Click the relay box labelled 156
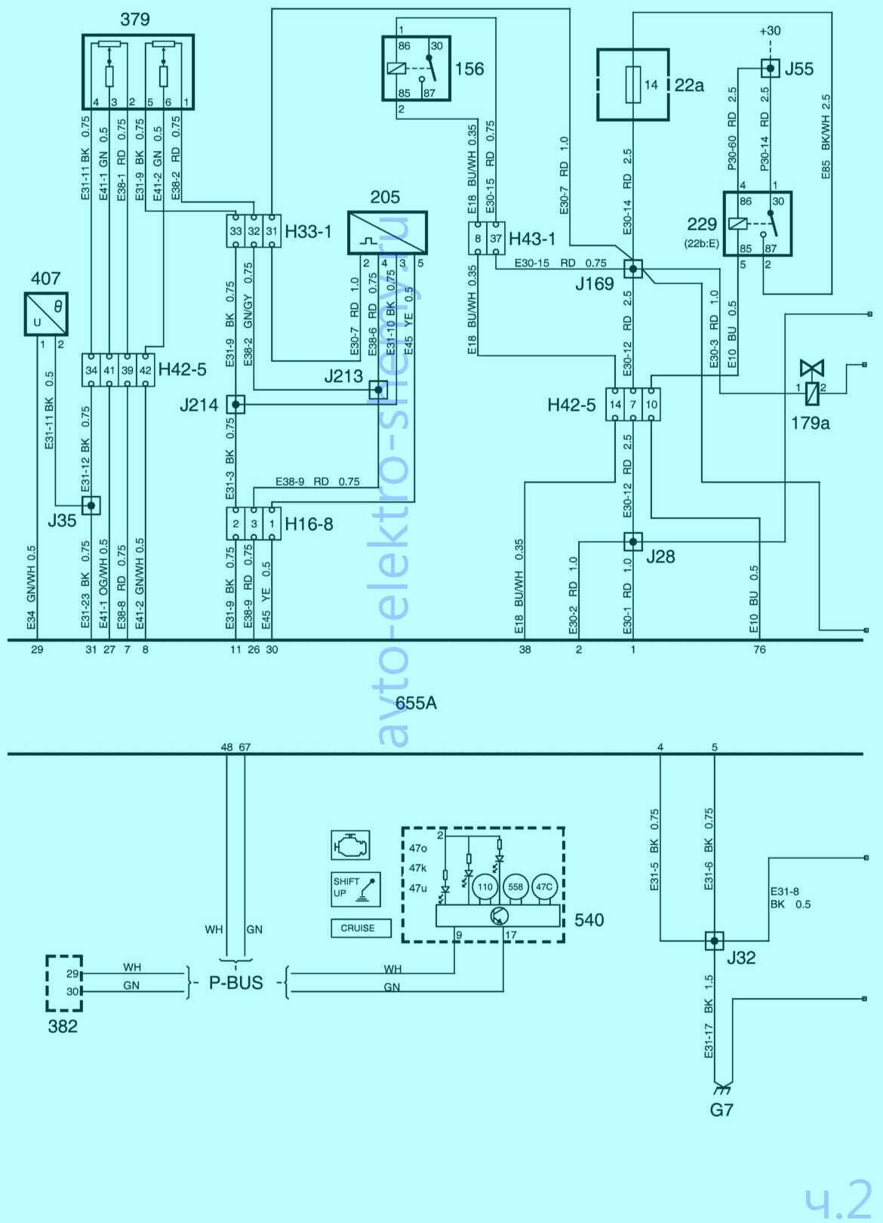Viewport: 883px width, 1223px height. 416,68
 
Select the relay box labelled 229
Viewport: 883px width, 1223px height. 757,223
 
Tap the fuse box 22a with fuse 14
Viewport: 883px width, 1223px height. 632,85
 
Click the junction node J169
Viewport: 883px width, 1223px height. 632,269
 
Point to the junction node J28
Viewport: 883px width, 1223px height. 632,541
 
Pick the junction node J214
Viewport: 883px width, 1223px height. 236,405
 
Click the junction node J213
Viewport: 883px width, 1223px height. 377,390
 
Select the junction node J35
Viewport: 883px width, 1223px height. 91,506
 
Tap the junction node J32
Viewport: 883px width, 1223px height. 714,941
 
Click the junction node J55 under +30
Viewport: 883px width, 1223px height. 769,69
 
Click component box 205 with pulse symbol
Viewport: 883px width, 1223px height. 386,233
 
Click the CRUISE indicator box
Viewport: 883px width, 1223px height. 361,928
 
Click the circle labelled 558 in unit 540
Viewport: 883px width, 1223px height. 515,888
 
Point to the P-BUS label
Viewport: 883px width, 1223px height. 236,983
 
